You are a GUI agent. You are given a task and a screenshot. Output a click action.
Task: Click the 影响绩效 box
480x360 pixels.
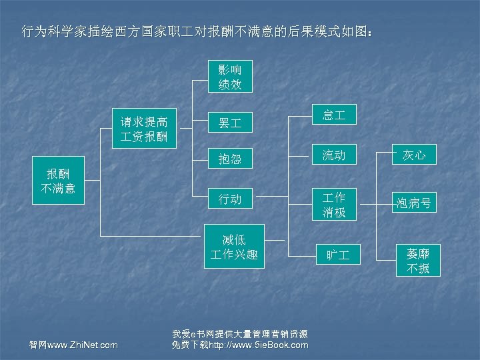[x=230, y=77]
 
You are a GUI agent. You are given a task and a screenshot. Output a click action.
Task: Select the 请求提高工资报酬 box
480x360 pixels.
[x=144, y=129]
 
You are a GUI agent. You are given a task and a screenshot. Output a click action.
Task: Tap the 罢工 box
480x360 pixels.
[x=230, y=123]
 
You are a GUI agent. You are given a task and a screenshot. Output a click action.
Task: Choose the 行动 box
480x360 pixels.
[x=230, y=199]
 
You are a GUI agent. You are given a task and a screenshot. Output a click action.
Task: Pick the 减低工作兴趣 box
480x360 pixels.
[x=234, y=247]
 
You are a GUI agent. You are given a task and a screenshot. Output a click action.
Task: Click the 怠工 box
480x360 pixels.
[x=334, y=115]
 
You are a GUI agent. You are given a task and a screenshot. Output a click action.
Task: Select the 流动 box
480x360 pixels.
[x=334, y=155]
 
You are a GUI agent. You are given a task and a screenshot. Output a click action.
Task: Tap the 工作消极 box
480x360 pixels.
[x=334, y=205]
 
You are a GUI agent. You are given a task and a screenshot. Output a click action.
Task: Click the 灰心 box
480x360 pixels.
[x=414, y=155]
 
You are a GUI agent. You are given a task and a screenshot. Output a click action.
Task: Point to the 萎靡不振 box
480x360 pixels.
[x=414, y=261]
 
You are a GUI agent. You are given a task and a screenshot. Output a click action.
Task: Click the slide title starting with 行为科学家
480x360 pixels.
[x=197, y=31]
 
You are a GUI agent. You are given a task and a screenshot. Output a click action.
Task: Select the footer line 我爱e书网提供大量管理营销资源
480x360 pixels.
[x=239, y=333]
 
